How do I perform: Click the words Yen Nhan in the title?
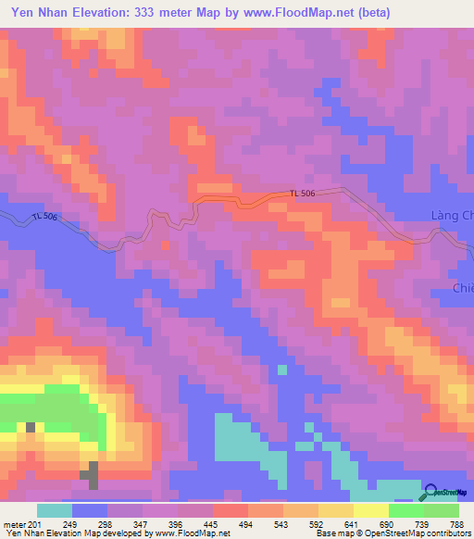(42, 13)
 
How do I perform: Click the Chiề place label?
(462, 289)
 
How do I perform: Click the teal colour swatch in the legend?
(55, 510)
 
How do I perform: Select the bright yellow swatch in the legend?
(370, 510)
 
